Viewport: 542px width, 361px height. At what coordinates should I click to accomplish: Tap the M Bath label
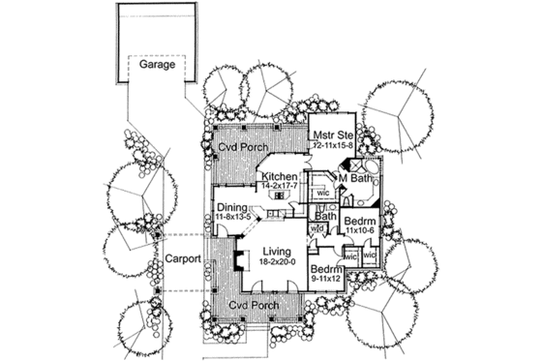[356, 177]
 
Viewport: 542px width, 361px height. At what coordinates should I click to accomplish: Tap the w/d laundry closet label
[316, 229]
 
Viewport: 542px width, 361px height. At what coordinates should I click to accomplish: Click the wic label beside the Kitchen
[323, 194]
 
